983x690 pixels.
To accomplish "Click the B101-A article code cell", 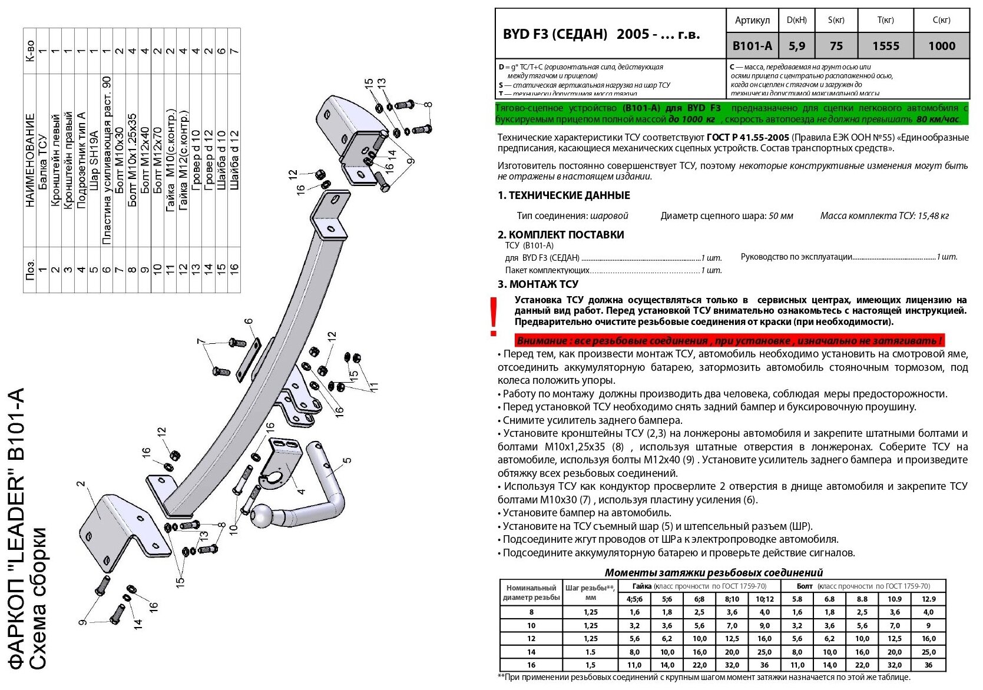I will click(x=752, y=46).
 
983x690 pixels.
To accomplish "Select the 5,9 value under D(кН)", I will click(x=796, y=46).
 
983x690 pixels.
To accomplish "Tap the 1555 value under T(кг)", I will click(x=885, y=46).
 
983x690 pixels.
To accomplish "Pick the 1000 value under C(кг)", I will click(x=941, y=46).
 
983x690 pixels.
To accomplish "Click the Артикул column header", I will click(x=752, y=20).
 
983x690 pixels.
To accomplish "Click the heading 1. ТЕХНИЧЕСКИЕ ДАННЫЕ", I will click(x=564, y=195).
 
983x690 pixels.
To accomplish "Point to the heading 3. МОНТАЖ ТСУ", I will click(x=538, y=284).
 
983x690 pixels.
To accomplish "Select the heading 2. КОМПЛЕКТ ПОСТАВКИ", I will click(x=561, y=234).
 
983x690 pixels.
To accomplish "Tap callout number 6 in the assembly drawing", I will click(x=249, y=322).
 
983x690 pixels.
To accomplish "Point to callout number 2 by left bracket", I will click(x=81, y=484).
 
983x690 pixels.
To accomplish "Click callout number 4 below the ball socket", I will click(x=301, y=492).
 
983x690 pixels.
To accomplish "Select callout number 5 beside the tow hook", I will click(x=347, y=460).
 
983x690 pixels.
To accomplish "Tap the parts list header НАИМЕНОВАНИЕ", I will click(x=29, y=160).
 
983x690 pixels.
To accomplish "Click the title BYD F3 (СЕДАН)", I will click(x=555, y=34).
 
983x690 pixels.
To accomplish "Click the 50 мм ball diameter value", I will click(x=781, y=216).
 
